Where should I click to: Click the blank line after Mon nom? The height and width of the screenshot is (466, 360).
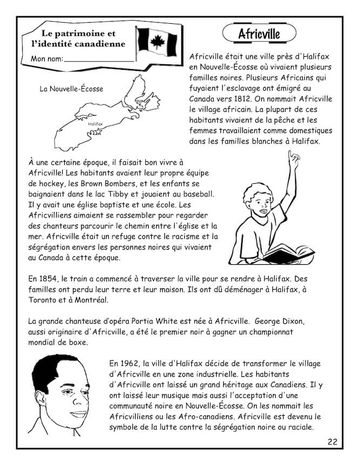pos(98,59)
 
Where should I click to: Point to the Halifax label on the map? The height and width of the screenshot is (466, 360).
pos(94,124)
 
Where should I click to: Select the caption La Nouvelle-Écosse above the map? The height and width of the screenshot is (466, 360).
pos(71,89)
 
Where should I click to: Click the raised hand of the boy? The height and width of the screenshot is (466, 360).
pos(294,158)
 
